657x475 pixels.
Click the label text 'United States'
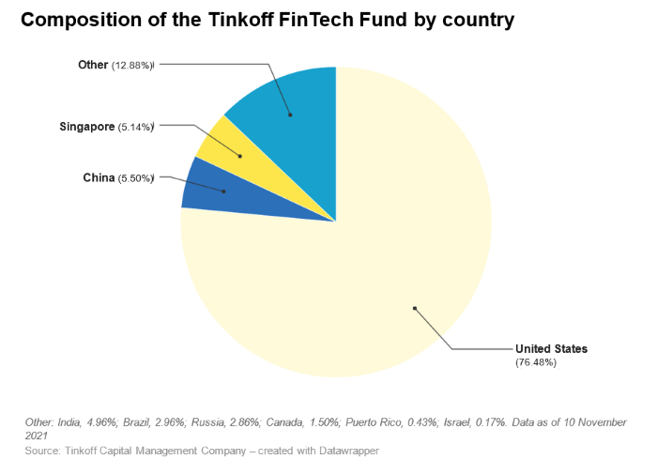pos(551,349)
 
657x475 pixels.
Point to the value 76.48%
pos(536,362)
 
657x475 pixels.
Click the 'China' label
pos(99,177)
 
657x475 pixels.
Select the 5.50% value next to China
pos(135,178)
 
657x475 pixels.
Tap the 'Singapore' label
pos(86,125)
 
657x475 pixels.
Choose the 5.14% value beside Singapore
pos(135,126)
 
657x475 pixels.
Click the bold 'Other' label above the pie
pos(93,65)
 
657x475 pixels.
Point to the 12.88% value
pos(132,66)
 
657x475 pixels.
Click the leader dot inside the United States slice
pos(414,307)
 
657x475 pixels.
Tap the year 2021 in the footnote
pos(37,437)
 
